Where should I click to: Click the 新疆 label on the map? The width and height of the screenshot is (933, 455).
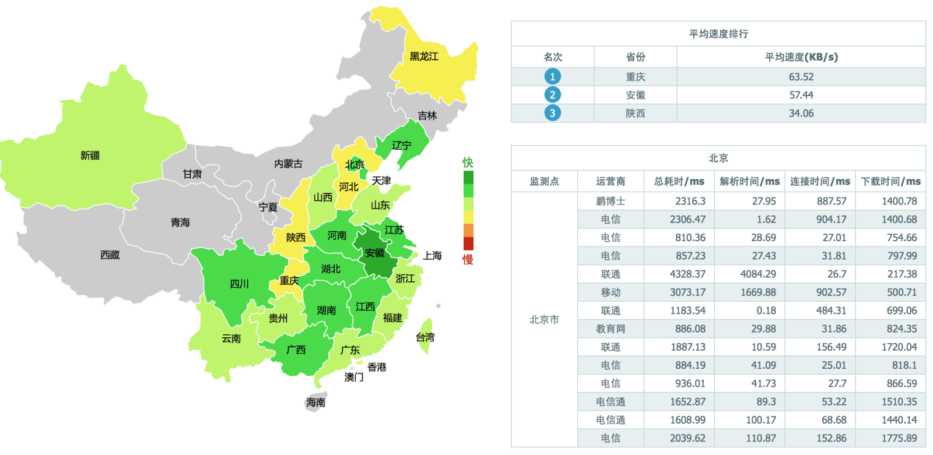click(x=90, y=156)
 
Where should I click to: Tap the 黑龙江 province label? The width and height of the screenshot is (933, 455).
click(x=424, y=57)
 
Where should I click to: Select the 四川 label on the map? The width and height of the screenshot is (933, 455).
click(x=239, y=284)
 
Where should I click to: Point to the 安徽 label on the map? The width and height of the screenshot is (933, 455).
click(x=374, y=253)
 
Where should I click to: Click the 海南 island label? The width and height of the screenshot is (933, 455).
click(x=315, y=403)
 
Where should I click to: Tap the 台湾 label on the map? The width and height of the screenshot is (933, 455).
click(x=425, y=337)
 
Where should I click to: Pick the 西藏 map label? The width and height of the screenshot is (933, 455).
click(x=110, y=255)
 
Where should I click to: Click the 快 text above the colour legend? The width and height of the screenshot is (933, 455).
click(x=468, y=162)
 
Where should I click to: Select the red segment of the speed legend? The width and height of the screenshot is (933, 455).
click(x=468, y=244)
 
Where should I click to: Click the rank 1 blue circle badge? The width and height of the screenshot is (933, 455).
click(x=552, y=77)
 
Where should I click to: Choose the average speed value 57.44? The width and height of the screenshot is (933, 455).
click(x=801, y=95)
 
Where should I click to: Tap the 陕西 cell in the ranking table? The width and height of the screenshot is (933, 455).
click(x=635, y=114)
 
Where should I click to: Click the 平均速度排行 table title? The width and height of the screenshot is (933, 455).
click(x=718, y=34)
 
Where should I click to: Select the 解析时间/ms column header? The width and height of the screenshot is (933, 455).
click(x=749, y=181)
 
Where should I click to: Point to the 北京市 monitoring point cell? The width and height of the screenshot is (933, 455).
click(x=544, y=320)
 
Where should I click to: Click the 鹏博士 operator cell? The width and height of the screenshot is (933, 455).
click(x=611, y=201)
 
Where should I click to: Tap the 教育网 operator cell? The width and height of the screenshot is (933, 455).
click(x=611, y=329)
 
